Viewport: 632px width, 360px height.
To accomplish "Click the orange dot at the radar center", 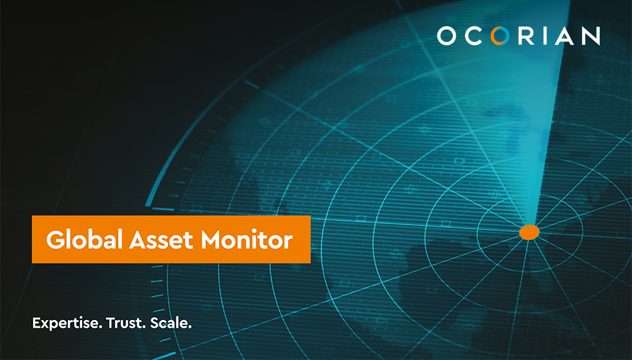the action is tap(529, 232).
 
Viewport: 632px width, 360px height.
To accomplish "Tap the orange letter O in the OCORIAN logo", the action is tap(500, 35).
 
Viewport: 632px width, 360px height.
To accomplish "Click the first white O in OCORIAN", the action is tap(447, 35).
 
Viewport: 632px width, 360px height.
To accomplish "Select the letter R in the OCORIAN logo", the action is tap(526, 35).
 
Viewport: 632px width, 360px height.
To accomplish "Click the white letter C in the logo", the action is tap(473, 35).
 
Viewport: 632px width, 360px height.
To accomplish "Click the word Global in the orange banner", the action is tap(84, 239).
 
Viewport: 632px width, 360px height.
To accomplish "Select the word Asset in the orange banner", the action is tap(162, 240).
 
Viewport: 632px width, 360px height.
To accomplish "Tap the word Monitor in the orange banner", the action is tap(246, 240).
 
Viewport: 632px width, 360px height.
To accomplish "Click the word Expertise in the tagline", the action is tap(67, 324).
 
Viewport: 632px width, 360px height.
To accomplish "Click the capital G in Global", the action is tap(55, 240).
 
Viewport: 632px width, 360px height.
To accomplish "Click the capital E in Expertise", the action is tap(37, 323).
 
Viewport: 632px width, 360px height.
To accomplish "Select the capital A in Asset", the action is tap(138, 240).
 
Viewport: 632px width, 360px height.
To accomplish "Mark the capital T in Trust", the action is tap(111, 323).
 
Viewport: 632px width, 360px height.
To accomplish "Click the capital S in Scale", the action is tap(154, 323).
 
